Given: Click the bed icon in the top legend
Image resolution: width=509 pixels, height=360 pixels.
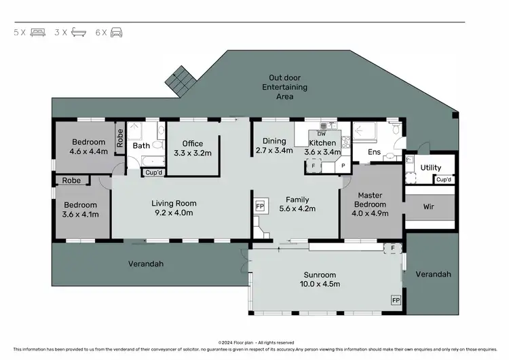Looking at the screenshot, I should point(37,32).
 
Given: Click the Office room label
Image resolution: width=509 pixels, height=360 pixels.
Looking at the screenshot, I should point(193,143).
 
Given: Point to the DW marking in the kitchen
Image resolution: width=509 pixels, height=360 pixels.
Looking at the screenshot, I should point(322,133).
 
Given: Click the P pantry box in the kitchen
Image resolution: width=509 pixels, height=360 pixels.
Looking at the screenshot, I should point(343,165).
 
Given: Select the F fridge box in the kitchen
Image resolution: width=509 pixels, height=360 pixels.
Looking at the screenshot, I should point(313,165).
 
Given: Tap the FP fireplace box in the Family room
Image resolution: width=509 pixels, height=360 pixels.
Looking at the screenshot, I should point(259,205).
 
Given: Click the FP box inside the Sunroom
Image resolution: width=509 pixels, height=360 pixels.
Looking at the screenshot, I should point(394,299).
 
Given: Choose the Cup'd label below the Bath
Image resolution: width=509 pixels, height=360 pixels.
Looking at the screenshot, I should point(153,173).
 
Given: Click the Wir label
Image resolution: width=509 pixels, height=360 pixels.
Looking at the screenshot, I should point(428,206).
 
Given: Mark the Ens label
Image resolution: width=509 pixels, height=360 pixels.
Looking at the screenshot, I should point(374,152).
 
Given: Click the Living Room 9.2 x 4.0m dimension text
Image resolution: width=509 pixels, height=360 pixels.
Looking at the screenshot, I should point(173,213).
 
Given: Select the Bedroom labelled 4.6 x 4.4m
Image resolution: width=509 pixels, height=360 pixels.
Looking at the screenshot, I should point(88,151).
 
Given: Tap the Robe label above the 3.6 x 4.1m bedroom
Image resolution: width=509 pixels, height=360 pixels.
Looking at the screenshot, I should point(71,181).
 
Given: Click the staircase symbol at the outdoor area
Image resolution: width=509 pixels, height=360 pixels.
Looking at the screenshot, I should point(180,80).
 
